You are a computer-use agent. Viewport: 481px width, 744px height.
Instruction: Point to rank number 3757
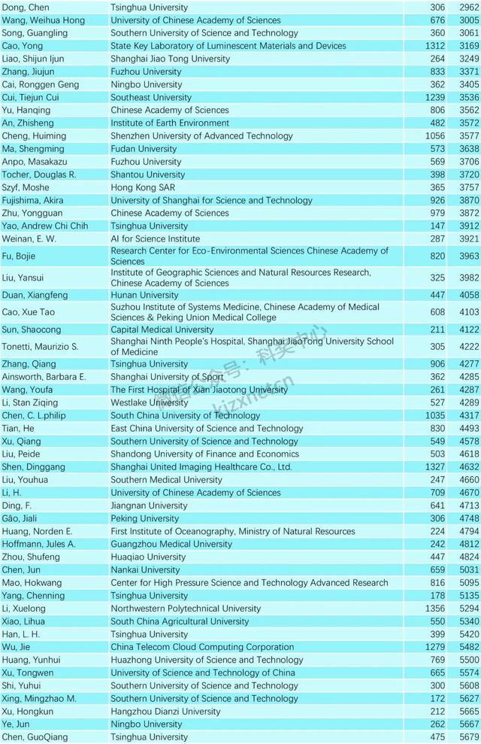pos(468,187)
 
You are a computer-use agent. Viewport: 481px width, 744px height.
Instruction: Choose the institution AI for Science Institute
pos(156,238)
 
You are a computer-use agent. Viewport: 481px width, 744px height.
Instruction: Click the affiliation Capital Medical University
pos(162,329)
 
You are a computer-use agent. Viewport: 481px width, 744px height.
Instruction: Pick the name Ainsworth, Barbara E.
pos(44,377)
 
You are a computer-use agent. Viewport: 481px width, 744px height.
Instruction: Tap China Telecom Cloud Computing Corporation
pos(202,647)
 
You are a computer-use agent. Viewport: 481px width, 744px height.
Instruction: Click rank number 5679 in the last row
pos(468,737)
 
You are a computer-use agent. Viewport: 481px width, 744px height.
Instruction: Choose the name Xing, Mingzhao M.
pos(39,699)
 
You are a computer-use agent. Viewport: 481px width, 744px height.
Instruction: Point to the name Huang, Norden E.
pos(37,531)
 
